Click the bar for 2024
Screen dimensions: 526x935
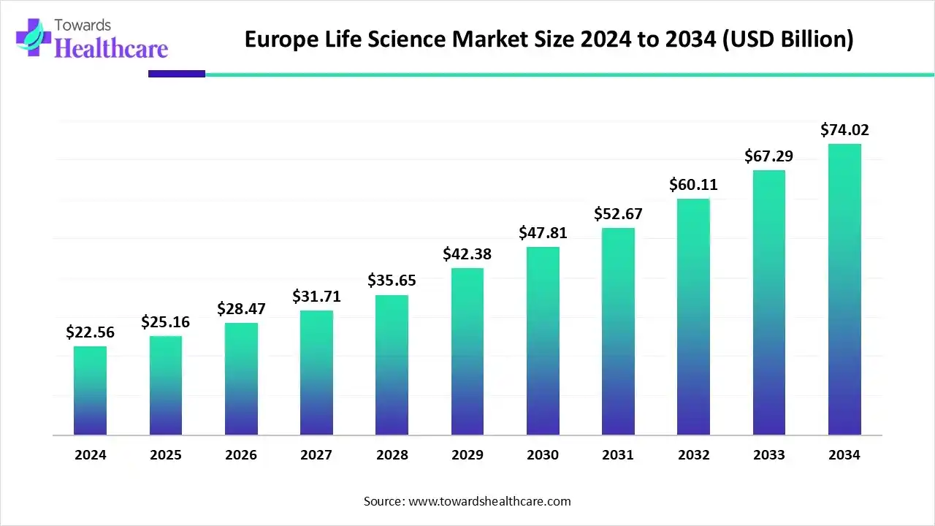point(90,391)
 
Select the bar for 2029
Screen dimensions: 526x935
point(467,351)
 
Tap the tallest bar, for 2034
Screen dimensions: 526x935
point(844,289)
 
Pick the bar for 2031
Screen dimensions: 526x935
point(618,332)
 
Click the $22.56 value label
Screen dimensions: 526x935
point(90,332)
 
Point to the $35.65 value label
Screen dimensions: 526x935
point(392,281)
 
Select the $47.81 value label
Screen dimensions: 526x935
point(543,233)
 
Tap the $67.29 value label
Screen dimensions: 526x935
point(769,156)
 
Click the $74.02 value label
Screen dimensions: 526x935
point(844,130)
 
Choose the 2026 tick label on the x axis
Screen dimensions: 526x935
point(241,455)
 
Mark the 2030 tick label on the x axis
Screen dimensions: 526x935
point(543,455)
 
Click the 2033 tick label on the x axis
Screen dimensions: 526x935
point(769,455)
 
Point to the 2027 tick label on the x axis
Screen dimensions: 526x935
point(316,455)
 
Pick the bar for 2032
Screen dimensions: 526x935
point(693,317)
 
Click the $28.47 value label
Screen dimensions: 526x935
point(241,308)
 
